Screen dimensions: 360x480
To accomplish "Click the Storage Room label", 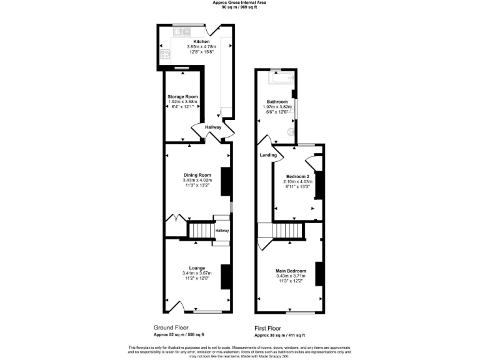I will pos(182,97).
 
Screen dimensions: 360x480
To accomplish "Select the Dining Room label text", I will pos(197,175).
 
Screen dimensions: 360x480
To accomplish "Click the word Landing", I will pos(268,155).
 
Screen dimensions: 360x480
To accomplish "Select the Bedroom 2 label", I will pos(297,176).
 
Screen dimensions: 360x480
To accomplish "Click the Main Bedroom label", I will pos(291,271).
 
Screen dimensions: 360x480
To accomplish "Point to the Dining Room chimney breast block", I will pos(226,181).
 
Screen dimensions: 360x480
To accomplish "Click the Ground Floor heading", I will pos(171,327).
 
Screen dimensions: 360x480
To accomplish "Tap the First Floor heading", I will pos(267,327).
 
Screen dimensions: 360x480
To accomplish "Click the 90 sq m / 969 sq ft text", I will pos(239,7).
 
